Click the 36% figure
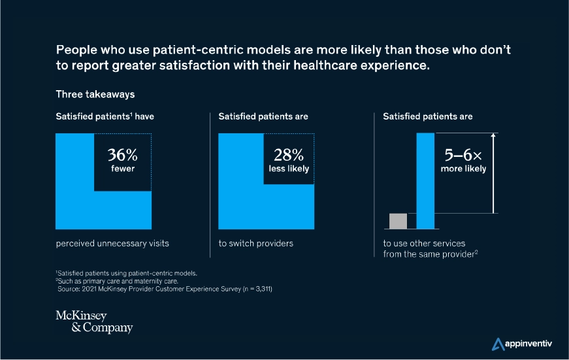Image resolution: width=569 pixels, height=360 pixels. click(122, 155)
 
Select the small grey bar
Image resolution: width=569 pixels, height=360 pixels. click(398, 221)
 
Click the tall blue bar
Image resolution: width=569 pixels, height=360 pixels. click(425, 181)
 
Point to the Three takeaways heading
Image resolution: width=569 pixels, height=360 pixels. click(95, 94)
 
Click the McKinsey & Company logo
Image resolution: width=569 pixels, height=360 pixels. click(94, 322)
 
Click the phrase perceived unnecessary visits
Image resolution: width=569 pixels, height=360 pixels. click(112, 244)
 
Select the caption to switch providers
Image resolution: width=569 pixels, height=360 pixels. click(255, 244)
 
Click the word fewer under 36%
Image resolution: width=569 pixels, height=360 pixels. click(122, 169)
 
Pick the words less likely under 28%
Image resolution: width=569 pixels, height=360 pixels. click(289, 169)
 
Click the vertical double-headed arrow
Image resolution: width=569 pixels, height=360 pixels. click(495, 173)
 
